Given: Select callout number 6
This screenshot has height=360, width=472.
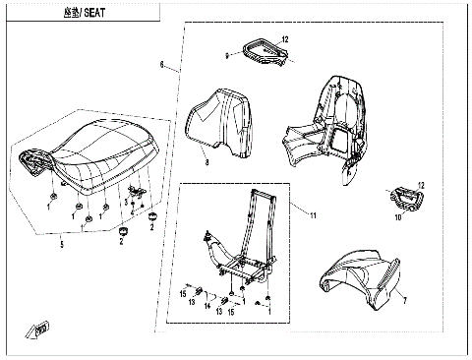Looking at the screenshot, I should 162,66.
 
